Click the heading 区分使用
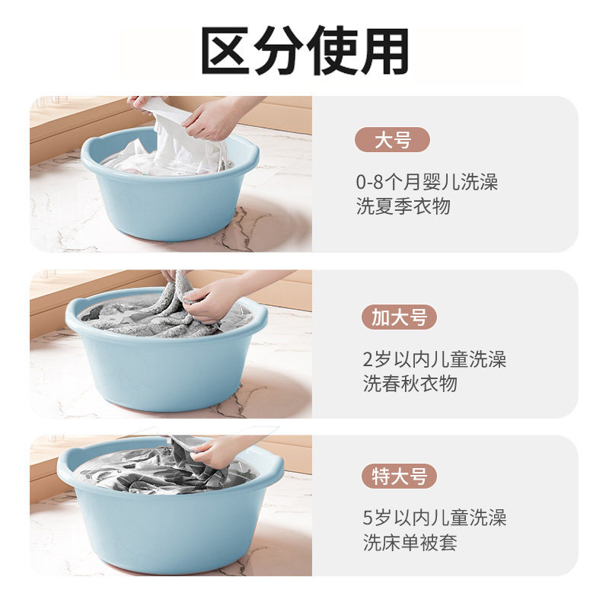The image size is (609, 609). tap(304, 51)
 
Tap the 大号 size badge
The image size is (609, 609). tap(392, 140)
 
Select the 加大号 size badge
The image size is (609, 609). tap(399, 317)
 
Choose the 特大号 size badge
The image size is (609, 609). tap(399, 477)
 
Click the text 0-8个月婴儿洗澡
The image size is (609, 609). tap(427, 183)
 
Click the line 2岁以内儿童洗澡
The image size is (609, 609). tap(434, 359)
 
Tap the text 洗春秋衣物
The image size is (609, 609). tap(410, 384)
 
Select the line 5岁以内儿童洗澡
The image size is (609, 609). tap(434, 518)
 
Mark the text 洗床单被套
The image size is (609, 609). tap(410, 543)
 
